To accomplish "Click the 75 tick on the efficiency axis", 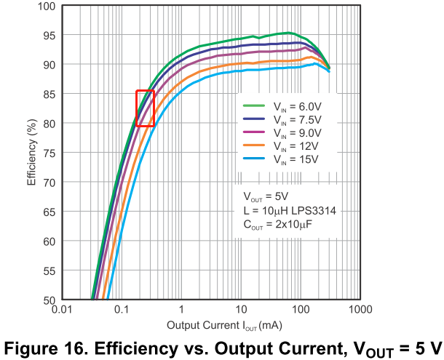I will coord(49,153).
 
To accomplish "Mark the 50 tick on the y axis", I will coord(49,300).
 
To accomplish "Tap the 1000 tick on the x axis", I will coord(360,310).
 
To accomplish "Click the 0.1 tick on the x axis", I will coord(122,310).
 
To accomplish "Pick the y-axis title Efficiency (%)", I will coord(32,153).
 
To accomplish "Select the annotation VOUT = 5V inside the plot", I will coord(265,196).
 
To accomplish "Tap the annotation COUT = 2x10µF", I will coord(278,225).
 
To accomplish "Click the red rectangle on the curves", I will coord(145,108).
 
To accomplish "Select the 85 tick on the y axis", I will coord(49,95).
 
